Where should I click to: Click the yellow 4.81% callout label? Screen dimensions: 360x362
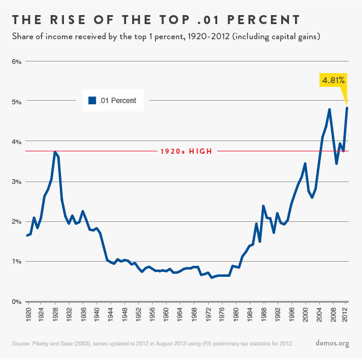333,80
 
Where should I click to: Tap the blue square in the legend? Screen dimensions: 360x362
92,101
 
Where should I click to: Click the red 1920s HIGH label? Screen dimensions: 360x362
186,151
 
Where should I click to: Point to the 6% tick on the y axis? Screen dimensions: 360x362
16,62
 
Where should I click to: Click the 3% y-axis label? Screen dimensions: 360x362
16,182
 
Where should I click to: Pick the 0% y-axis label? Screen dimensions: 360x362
16,302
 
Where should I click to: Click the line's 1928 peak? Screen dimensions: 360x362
55,152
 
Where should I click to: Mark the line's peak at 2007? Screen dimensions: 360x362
329,109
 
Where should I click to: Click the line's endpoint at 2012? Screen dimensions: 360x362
347,108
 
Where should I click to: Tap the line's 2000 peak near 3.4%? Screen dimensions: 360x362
305,163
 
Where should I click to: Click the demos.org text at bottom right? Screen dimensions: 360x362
332,343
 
